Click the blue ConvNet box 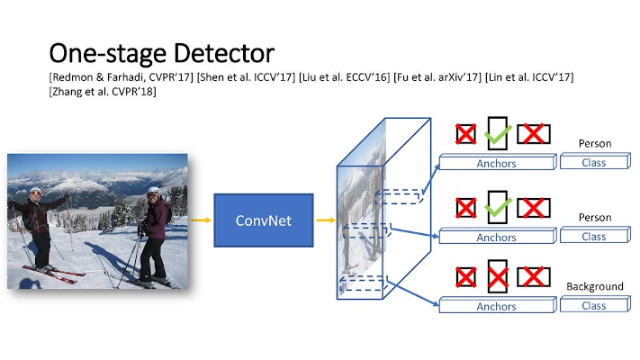(x=264, y=220)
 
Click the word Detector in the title (x=224, y=53)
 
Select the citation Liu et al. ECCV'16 (x=344, y=77)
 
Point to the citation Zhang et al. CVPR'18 (x=103, y=91)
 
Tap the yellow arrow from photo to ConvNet (x=201, y=220)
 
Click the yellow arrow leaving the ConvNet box (x=325, y=220)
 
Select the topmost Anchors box (x=498, y=162)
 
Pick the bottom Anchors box (x=498, y=305)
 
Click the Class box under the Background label (x=595, y=304)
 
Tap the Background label (x=595, y=286)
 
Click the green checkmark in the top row (x=498, y=135)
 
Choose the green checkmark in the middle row (x=498, y=208)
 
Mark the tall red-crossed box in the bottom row (x=498, y=276)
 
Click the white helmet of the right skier (x=154, y=190)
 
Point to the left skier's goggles (x=35, y=193)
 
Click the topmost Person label (x=595, y=144)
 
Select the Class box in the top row (x=595, y=161)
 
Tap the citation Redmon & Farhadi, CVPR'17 (x=122, y=77)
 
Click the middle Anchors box (x=498, y=236)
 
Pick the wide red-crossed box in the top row (x=534, y=134)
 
